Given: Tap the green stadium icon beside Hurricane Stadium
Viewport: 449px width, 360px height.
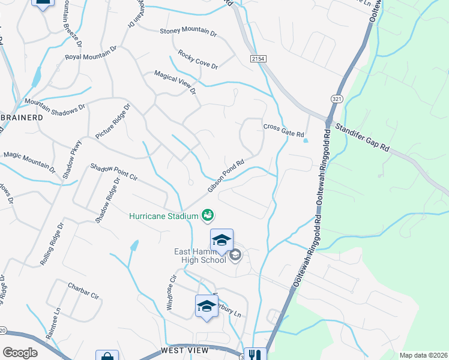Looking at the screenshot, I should [208, 214].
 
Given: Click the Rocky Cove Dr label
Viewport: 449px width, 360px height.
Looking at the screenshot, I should [197, 60].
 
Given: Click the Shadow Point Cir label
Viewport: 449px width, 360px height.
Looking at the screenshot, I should [114, 172].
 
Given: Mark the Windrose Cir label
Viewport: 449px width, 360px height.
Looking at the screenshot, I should [170, 293].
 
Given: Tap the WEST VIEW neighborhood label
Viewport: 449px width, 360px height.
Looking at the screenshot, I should [184, 350].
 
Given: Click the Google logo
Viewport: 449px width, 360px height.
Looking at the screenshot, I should [20, 352].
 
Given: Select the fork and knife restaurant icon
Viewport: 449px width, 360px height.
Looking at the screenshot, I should [256, 354].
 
